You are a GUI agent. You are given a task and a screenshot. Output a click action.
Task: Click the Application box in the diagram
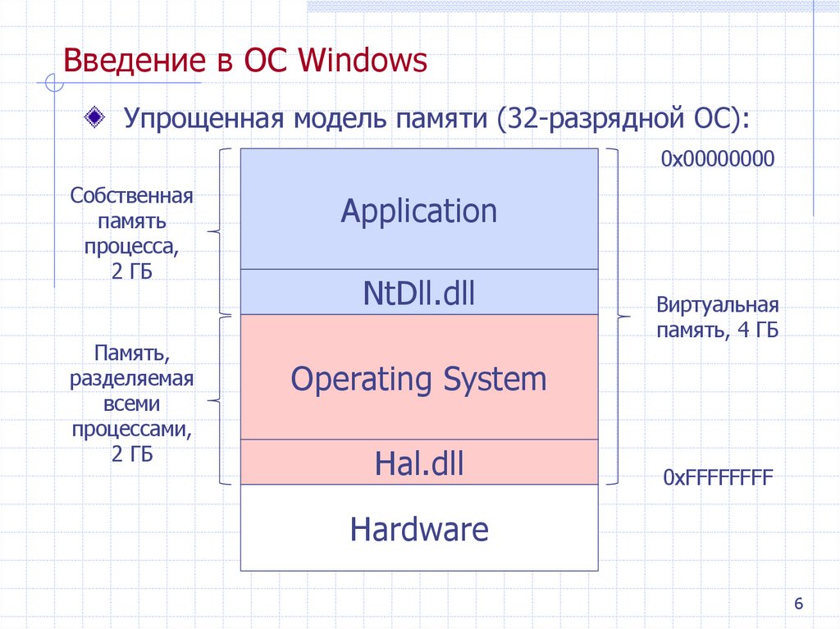tap(419, 210)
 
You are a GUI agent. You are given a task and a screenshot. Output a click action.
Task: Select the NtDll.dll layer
tap(419, 293)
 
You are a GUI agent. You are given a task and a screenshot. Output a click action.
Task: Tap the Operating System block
tap(419, 379)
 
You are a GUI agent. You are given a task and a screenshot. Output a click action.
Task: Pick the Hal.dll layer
tap(419, 464)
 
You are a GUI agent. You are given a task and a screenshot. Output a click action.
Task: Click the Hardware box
tap(419, 529)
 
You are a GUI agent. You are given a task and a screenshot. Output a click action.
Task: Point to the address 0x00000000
tap(717, 158)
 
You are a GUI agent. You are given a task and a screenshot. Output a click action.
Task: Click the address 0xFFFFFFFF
tap(717, 478)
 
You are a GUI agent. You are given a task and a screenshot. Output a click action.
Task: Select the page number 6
tap(797, 604)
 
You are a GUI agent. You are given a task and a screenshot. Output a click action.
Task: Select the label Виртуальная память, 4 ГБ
tap(717, 318)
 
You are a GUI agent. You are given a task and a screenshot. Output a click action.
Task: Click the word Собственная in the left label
tap(131, 197)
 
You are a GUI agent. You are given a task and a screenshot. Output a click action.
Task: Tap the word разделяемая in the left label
tap(131, 380)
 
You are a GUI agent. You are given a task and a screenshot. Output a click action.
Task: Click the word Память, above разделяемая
tap(131, 355)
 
